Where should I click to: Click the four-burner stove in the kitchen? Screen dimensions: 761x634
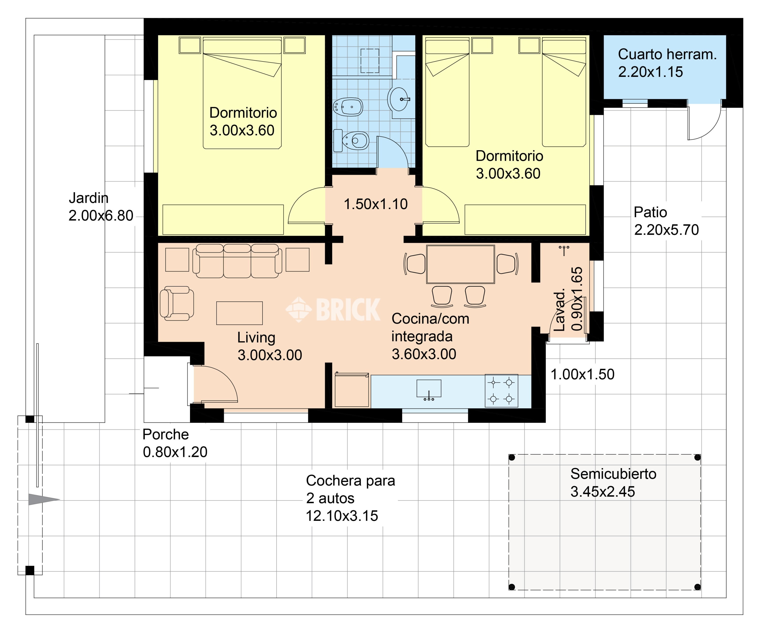click(501, 390)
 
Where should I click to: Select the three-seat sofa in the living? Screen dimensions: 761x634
click(237, 261)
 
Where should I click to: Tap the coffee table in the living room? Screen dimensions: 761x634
click(239, 313)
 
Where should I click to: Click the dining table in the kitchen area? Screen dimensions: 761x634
click(461, 264)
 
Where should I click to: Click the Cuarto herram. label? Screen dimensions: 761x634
click(667, 54)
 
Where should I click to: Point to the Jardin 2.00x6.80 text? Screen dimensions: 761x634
click(101, 207)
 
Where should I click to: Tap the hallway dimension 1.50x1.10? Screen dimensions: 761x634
click(375, 204)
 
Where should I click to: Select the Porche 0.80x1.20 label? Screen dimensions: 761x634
click(175, 443)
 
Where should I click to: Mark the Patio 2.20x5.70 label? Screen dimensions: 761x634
click(666, 221)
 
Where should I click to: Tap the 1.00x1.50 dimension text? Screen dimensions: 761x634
click(582, 374)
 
